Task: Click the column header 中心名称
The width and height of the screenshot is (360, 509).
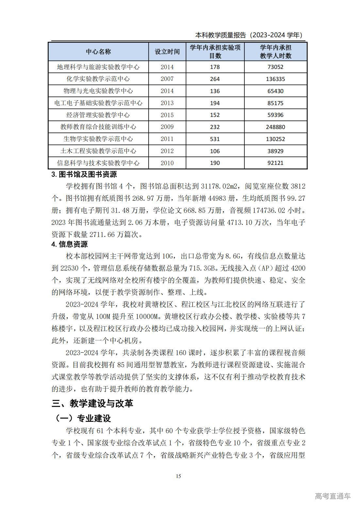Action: coord(98,52)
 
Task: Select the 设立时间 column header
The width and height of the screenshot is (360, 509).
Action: coord(167,52)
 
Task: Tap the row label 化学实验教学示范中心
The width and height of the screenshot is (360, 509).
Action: coord(98,79)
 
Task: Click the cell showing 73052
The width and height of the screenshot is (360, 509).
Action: coord(275,67)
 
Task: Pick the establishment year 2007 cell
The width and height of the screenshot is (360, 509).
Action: coord(167,79)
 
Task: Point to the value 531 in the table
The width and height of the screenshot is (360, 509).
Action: coord(215,139)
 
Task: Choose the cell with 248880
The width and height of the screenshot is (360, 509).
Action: coord(275,127)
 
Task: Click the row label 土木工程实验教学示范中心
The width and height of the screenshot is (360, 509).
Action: coord(98,151)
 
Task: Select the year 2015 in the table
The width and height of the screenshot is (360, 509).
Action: coord(167,115)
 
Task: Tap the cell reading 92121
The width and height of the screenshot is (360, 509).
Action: coord(275,163)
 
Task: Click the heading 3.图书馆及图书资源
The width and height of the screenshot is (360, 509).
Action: coord(84,174)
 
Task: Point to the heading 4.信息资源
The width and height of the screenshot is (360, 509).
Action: coord(70,244)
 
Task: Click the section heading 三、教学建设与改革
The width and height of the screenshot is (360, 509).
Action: coord(92,404)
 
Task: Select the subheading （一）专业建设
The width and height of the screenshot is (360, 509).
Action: coord(83,418)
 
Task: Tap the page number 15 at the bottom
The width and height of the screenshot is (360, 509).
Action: coord(178,476)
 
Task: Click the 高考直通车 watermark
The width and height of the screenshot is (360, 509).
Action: coord(333,496)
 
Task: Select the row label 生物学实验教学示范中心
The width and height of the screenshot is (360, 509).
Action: coord(98,139)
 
